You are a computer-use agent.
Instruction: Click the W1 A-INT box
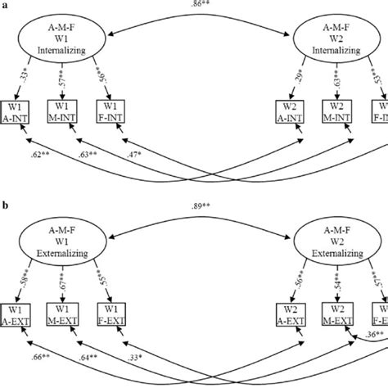pyautogui.click(x=17, y=112)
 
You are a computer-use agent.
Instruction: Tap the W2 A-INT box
pyautogui.click(x=286, y=112)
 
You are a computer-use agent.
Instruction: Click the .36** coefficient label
pyautogui.click(x=372, y=335)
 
